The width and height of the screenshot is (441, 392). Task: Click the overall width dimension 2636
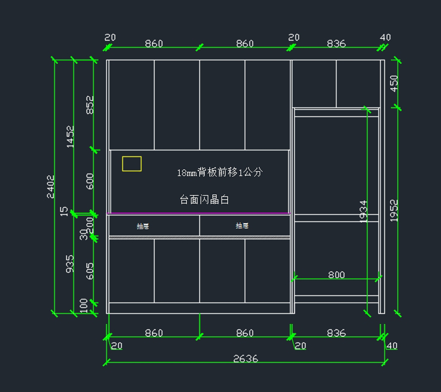point(245,358)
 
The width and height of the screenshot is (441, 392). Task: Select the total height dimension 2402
point(51,187)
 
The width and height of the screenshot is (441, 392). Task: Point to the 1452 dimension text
point(70,137)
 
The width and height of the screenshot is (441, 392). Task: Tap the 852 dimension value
point(90,105)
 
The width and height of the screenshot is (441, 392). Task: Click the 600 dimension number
point(90,181)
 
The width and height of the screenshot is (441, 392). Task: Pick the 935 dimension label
point(69,264)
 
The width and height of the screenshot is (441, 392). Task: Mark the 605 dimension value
point(90,271)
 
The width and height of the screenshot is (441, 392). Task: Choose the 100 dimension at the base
point(84,305)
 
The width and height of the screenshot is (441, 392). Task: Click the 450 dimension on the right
point(394,83)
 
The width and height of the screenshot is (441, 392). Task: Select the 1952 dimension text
point(394,211)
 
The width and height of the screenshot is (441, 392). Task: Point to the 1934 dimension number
point(363,212)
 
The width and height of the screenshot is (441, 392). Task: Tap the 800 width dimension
point(336,275)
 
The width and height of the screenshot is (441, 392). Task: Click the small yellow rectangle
point(132,164)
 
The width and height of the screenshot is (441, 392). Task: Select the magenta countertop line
point(198,213)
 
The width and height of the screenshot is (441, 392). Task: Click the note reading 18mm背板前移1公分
point(220,172)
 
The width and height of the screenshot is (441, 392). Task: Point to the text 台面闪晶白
point(204,199)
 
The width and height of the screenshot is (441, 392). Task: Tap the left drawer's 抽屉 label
point(143,226)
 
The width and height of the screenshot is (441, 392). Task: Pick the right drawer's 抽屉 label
point(242,226)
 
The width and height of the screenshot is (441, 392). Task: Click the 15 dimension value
point(64,211)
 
